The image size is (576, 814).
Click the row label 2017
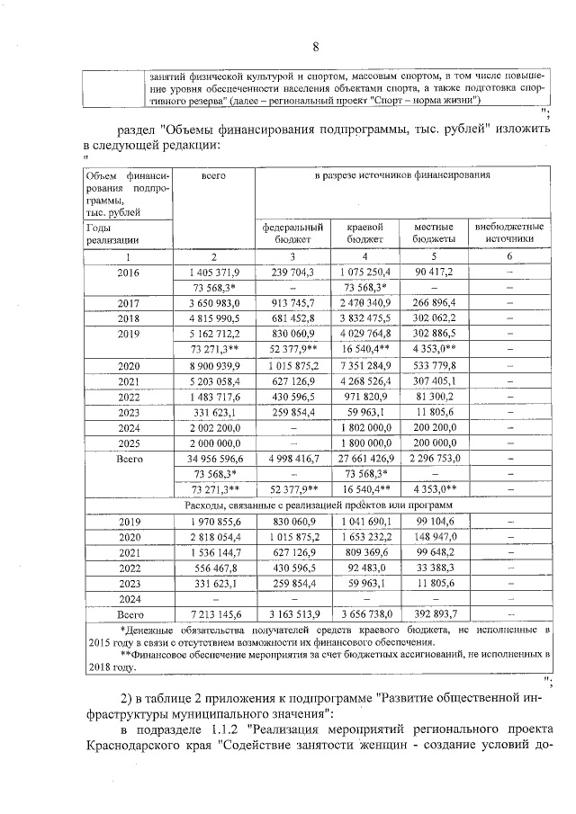[123, 303]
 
